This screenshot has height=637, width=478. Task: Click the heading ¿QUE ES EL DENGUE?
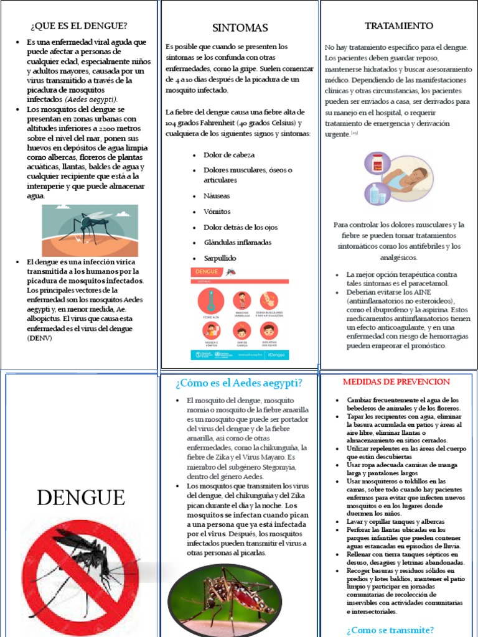click(78, 26)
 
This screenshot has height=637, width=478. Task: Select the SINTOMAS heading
click(240, 28)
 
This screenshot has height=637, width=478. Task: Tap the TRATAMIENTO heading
click(398, 26)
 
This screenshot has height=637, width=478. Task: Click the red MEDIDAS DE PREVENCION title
click(396, 381)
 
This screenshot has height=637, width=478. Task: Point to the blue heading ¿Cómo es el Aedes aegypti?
click(239, 382)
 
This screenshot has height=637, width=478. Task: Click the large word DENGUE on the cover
click(80, 497)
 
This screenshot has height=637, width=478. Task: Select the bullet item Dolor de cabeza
click(228, 154)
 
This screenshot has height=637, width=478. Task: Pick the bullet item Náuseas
click(217, 195)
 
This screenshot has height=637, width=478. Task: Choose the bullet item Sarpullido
click(220, 258)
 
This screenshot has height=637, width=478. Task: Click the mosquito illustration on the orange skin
click(90, 230)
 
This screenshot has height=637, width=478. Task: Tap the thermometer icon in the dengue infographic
click(212, 300)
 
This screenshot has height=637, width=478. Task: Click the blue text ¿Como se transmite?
click(391, 630)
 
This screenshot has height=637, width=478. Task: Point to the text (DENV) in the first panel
click(40, 338)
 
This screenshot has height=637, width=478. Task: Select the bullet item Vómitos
click(217, 211)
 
